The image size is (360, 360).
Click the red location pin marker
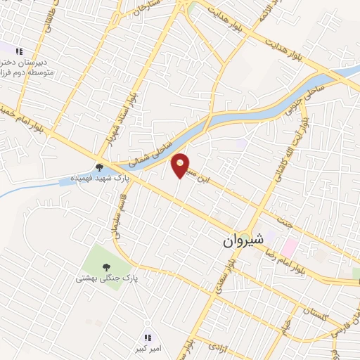coord(181,165)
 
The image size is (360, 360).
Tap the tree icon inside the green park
coord(105,267)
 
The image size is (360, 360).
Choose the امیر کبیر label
coord(149,348)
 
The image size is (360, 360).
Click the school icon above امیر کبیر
coord(148,337)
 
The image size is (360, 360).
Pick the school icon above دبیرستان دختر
coord(19,51)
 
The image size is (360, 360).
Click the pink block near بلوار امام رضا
coord(289,247)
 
